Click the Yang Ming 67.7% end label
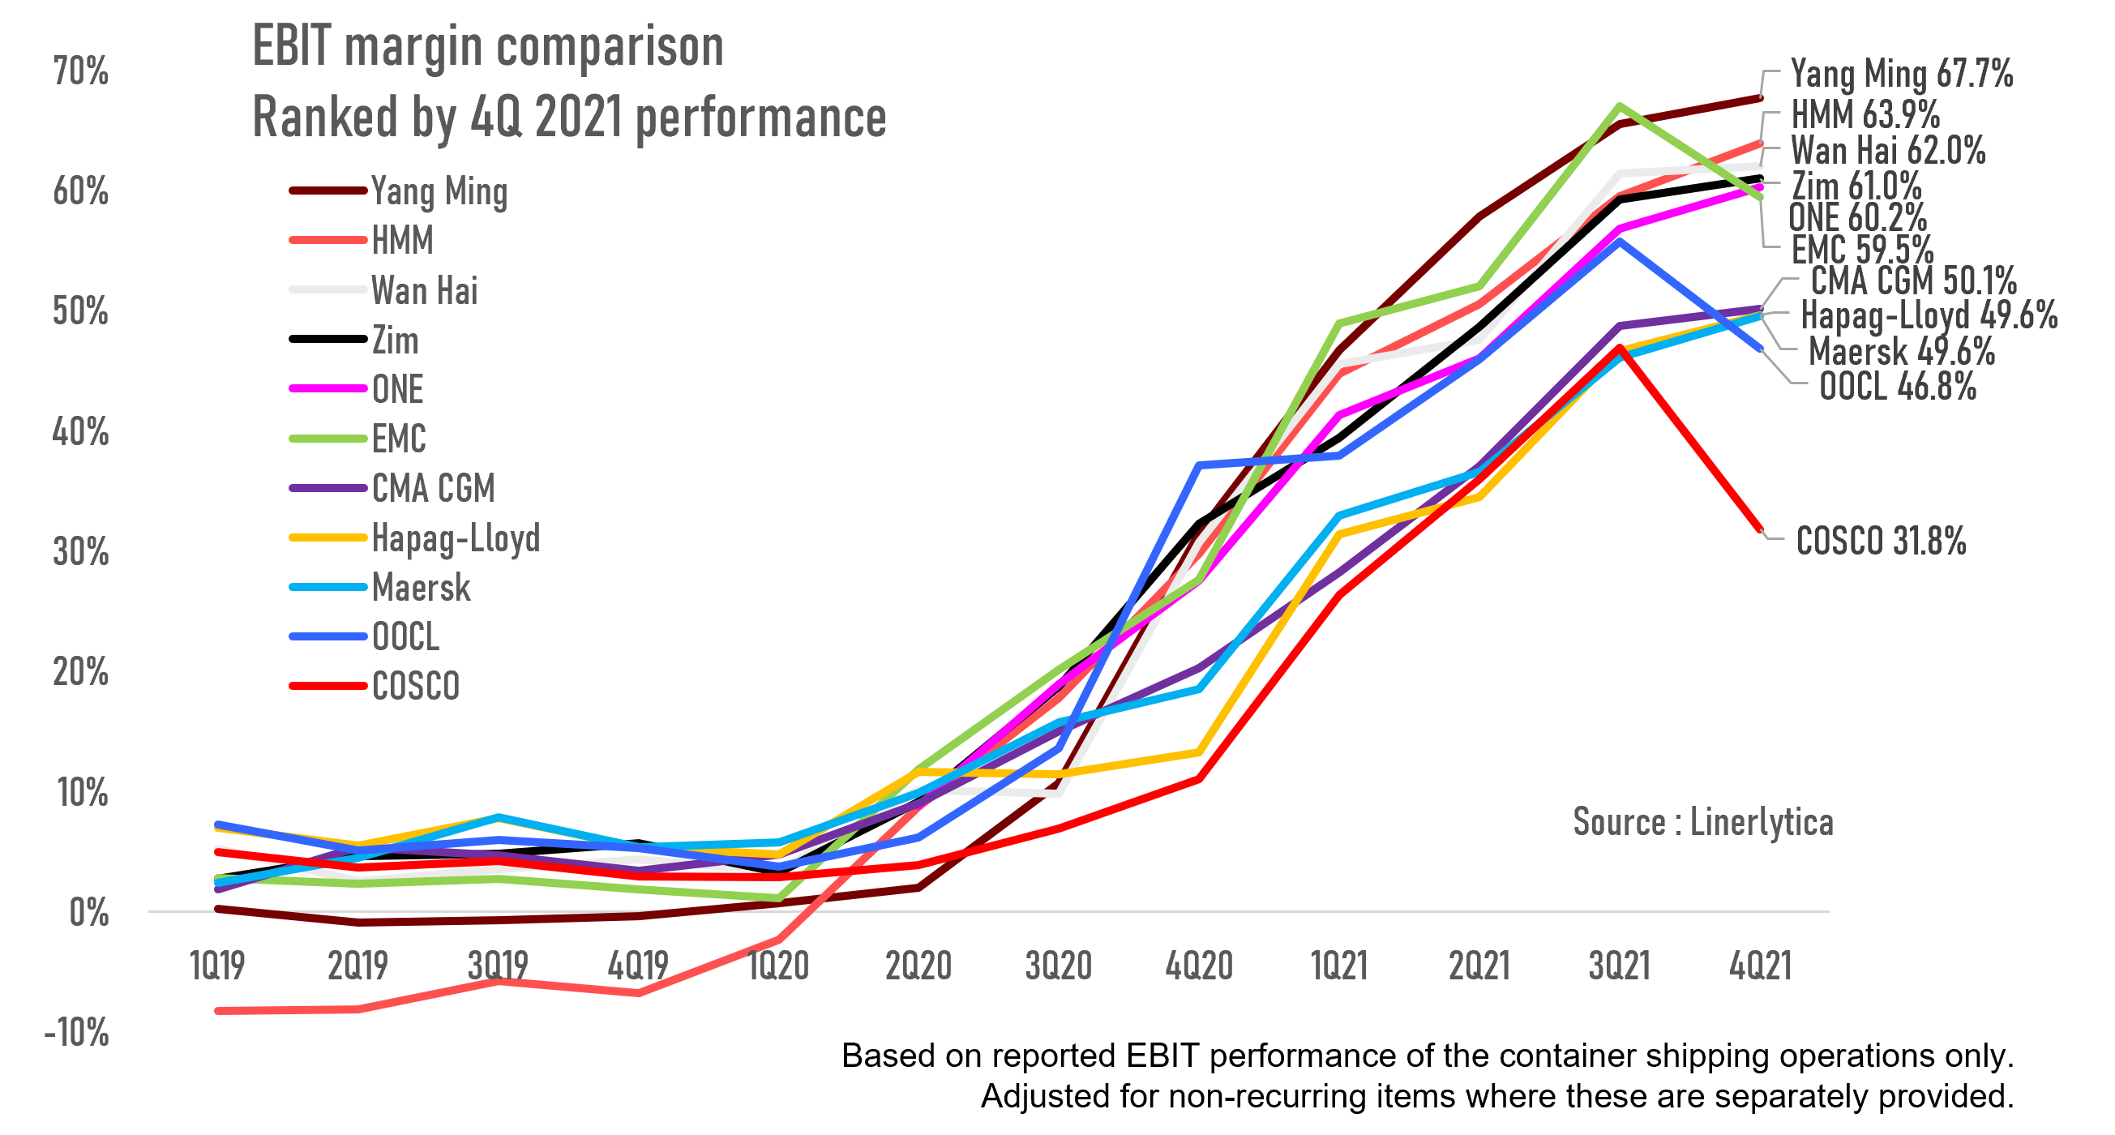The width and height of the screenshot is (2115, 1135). pos(1901,74)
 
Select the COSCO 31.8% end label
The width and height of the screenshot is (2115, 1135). pos(1880,542)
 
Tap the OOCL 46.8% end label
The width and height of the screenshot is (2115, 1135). pos(1898,387)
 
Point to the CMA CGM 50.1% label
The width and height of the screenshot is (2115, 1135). pos(1913,281)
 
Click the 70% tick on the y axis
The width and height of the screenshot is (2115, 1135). pos(80,71)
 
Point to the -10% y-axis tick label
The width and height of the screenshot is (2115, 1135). pos(76,1032)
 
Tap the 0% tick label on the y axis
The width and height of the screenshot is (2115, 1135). pos(88,912)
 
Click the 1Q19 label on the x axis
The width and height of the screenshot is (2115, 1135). pos(217,966)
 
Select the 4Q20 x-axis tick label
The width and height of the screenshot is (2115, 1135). pos(1199,966)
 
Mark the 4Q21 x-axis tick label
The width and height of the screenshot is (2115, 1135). pos(1759,966)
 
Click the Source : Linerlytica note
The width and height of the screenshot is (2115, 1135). pos(1703,822)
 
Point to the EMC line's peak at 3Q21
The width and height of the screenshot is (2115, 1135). pos(1618,106)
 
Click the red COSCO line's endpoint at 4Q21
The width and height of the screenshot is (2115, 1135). pos(1759,529)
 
